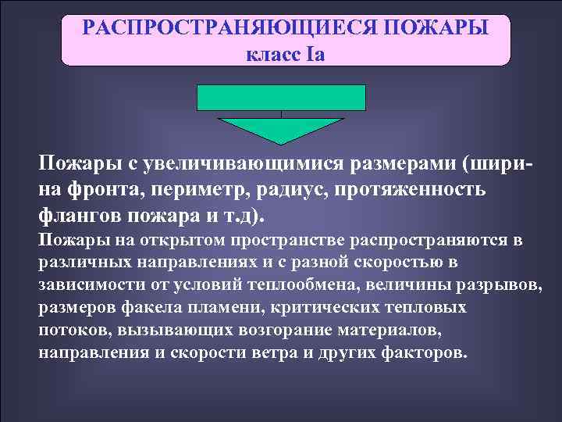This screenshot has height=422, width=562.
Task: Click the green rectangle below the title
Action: click(x=281, y=97)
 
